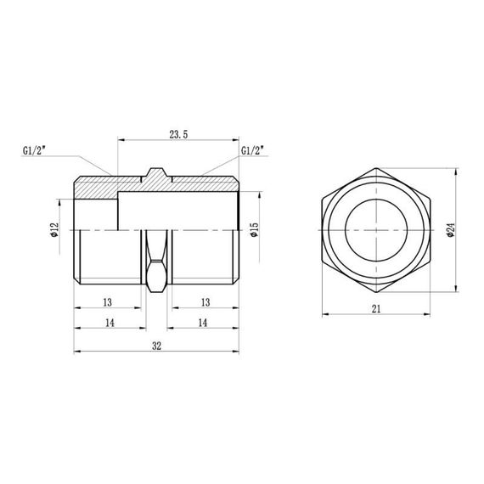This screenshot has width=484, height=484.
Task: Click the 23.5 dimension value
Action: [x=179, y=132]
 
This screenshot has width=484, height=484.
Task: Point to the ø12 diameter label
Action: [x=53, y=232]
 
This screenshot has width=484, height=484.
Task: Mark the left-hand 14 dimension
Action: [x=109, y=324]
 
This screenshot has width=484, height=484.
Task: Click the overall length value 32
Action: [x=157, y=346]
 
